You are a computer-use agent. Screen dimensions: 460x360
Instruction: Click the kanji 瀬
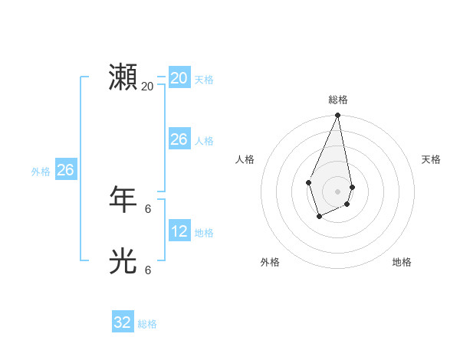click(x=123, y=78)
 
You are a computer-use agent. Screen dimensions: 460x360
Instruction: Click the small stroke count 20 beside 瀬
click(x=147, y=87)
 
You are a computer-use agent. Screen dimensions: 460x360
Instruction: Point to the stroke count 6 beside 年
click(x=147, y=208)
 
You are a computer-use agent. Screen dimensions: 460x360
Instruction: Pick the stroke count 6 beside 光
click(x=147, y=270)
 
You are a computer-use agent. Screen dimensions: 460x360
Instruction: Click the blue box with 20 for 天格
click(x=179, y=78)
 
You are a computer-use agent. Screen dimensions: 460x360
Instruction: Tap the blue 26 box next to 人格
click(x=179, y=139)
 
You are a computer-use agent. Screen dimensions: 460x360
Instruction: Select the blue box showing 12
click(x=179, y=231)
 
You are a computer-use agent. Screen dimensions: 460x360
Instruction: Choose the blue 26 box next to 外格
click(x=65, y=170)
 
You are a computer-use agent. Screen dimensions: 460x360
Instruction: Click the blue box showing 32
click(x=123, y=322)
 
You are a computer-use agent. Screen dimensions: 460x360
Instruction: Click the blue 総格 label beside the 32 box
click(x=147, y=324)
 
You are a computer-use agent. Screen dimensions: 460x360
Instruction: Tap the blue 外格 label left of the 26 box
click(x=41, y=172)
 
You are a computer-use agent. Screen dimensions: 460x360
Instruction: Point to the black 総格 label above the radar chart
click(x=338, y=100)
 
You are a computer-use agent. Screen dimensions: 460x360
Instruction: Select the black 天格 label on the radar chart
click(x=431, y=159)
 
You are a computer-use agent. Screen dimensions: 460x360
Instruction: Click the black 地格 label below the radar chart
click(x=402, y=262)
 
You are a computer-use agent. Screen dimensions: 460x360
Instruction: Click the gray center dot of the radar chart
click(x=338, y=191)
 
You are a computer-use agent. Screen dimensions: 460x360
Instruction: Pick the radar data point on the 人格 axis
click(x=308, y=182)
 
